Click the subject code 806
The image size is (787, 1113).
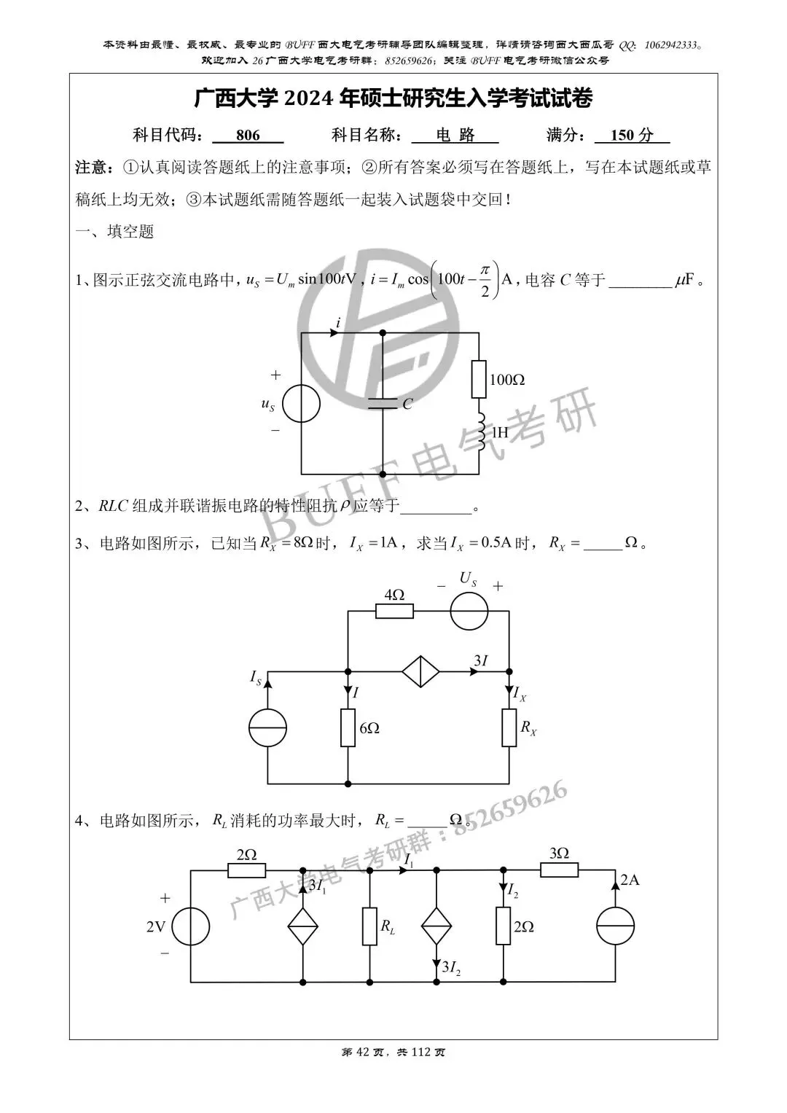248,136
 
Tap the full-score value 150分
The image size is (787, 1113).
632,136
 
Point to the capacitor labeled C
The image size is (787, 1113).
383,403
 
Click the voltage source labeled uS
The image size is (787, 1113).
301,403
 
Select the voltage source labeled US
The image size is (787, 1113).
469,611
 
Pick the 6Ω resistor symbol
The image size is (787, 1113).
348,727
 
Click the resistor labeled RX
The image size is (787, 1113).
509,727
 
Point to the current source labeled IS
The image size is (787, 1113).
267,727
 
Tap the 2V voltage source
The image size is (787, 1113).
191,927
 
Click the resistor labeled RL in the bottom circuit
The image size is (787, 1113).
370,927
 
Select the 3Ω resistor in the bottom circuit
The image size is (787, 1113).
559,870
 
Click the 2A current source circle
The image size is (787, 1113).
616,927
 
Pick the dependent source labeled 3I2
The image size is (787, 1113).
436,927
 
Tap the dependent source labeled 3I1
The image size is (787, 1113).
302,927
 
